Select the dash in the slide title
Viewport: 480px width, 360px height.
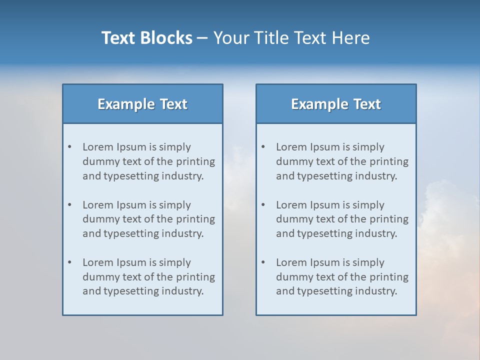click(202, 38)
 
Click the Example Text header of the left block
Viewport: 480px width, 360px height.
click(142, 104)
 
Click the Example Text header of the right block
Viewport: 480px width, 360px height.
click(336, 104)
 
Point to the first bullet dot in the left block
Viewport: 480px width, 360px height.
click(70, 147)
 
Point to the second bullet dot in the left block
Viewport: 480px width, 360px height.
click(70, 205)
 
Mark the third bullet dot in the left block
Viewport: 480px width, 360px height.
click(70, 262)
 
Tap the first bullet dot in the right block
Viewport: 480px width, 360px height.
click(263, 147)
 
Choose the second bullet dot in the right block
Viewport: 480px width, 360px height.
click(263, 205)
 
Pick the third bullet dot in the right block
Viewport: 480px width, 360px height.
click(263, 262)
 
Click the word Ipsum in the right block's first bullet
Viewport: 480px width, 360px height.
click(324, 147)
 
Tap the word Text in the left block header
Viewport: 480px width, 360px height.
click(173, 104)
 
